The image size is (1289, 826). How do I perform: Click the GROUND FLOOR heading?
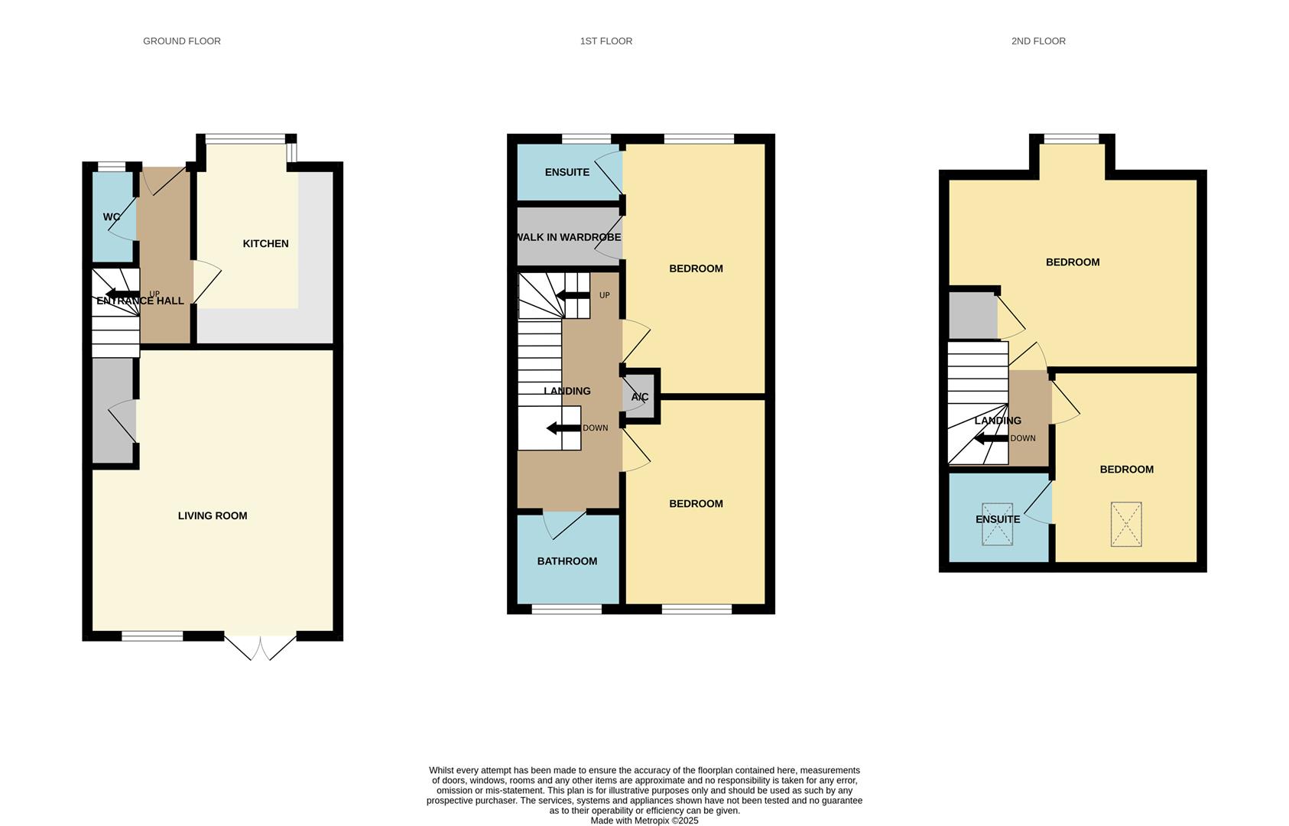click(x=182, y=41)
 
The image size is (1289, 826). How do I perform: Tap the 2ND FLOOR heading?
click(x=1037, y=41)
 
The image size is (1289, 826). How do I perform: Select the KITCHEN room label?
click(x=265, y=244)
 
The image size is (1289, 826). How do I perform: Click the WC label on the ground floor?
click(x=112, y=217)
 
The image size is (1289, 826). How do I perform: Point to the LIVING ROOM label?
click(x=213, y=516)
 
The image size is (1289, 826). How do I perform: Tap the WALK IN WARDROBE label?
click(x=568, y=238)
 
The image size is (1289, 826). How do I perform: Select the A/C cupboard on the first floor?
click(x=640, y=397)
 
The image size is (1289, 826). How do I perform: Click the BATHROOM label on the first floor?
click(x=567, y=561)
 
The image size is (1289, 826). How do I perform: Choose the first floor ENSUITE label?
click(x=567, y=173)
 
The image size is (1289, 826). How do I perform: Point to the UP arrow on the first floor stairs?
click(x=573, y=296)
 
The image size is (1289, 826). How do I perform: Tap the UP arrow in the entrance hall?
click(x=122, y=294)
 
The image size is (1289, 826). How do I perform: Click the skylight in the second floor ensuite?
click(x=997, y=525)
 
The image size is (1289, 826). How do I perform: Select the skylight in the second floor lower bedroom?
click(x=1125, y=524)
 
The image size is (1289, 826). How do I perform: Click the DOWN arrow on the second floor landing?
click(x=990, y=439)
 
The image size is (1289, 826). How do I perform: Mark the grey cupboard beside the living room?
click(x=113, y=411)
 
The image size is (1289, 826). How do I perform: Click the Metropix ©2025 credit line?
click(x=644, y=821)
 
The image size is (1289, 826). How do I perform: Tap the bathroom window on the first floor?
click(x=567, y=610)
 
